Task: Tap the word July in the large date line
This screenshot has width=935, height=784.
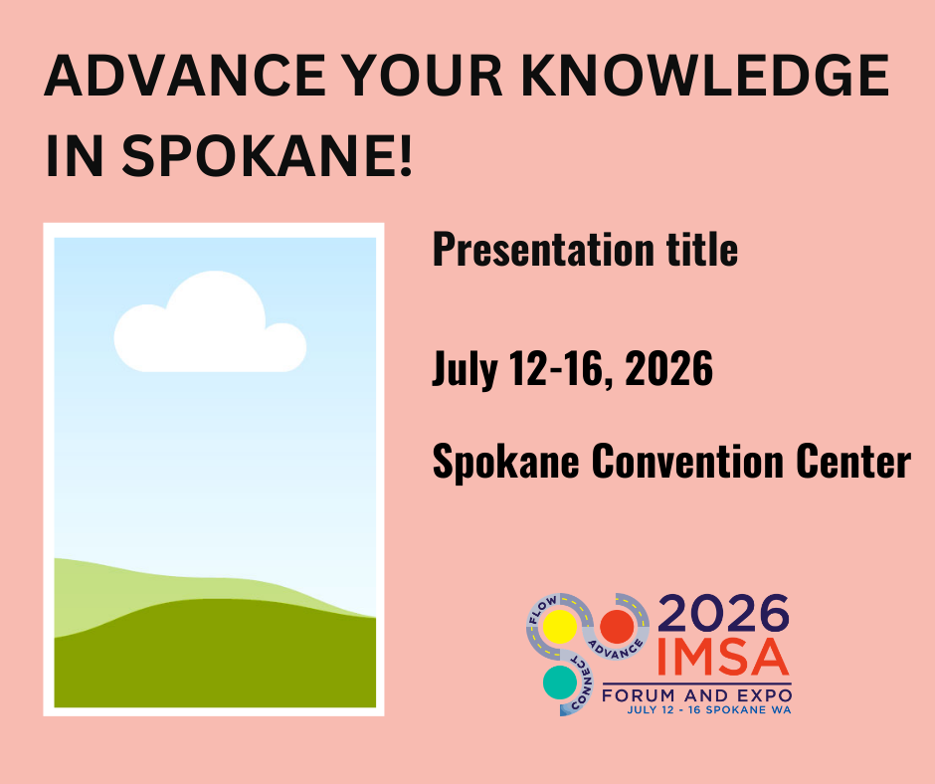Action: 463,370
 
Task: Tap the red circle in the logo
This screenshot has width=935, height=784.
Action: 617,626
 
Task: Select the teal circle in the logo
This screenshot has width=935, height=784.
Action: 559,683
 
